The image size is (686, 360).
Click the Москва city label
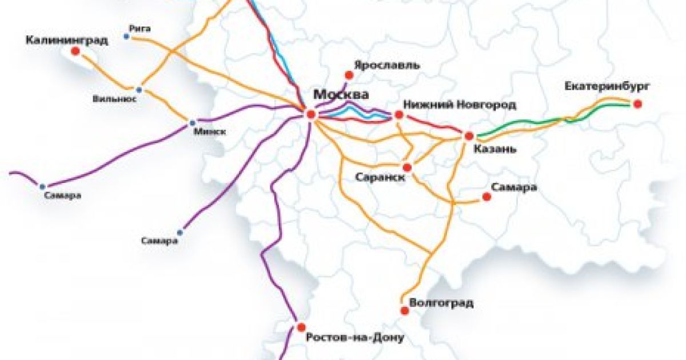coord(341,94)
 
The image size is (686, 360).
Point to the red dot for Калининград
coord(75,51)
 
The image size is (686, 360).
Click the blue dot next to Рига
coord(126,37)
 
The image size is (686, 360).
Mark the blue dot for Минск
coord(192,122)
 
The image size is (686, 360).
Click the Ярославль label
coord(388,65)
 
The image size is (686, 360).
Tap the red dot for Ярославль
coord(349,74)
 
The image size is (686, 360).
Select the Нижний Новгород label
coord(460,105)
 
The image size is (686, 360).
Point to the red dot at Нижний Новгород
coord(399,115)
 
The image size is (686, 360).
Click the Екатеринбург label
coord(608,86)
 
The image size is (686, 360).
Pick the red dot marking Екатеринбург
coord(637,103)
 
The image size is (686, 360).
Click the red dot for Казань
coord(469,136)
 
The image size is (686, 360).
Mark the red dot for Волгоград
coord(405,311)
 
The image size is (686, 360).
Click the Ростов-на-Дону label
coord(355,338)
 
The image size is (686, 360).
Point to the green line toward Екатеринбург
coord(526,126)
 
